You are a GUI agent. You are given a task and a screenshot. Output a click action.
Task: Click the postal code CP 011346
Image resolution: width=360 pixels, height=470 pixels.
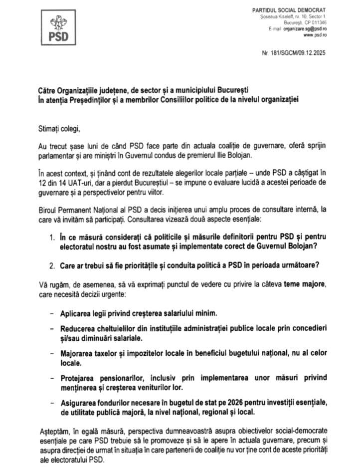point(314,23)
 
